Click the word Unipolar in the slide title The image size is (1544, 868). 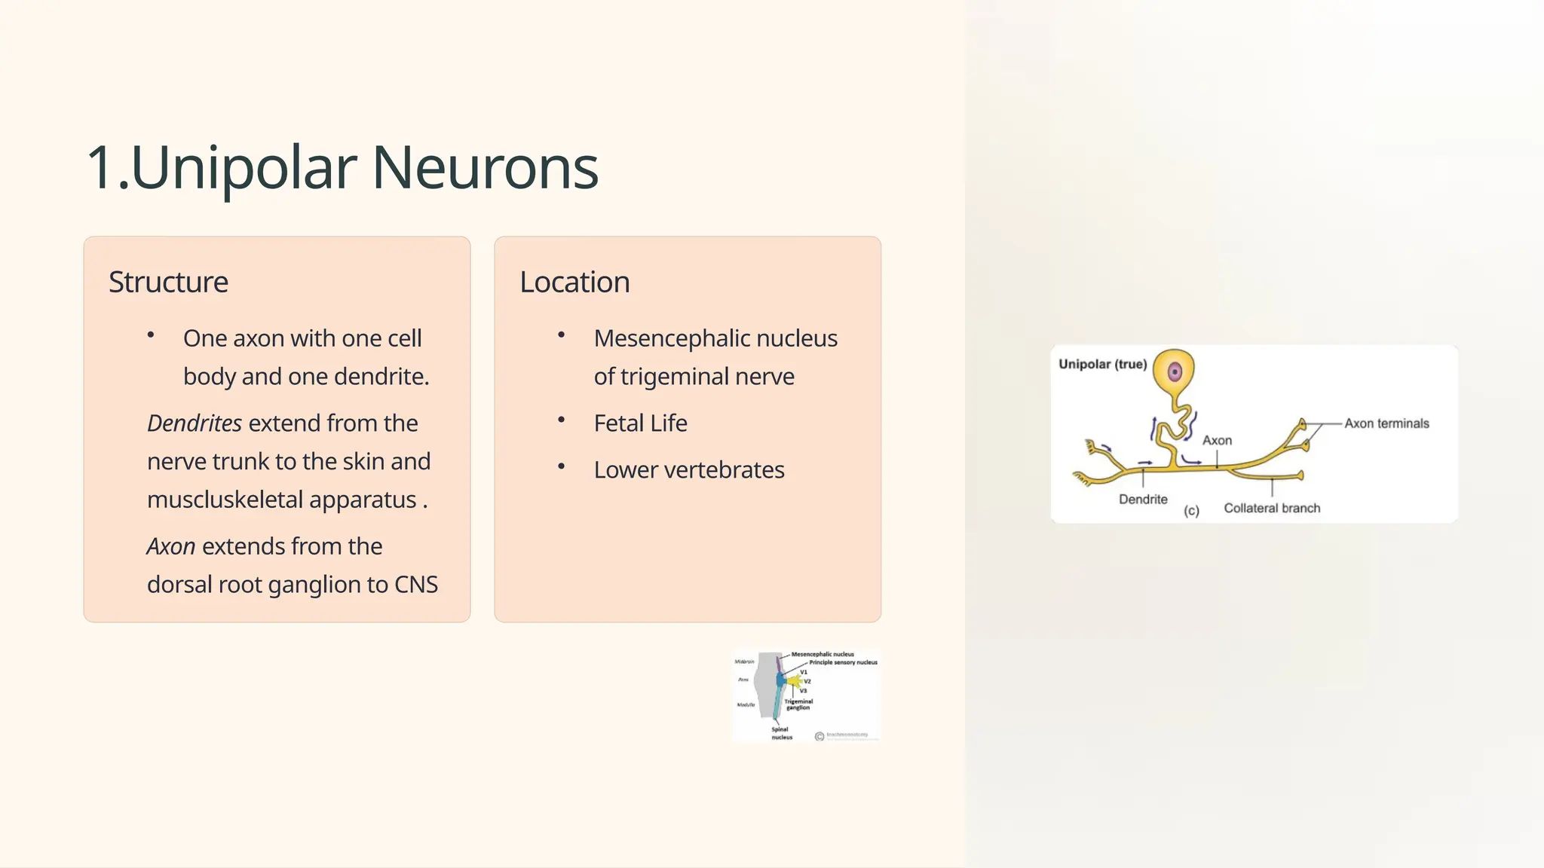click(x=243, y=167)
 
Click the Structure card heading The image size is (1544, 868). click(x=168, y=282)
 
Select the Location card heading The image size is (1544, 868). click(x=574, y=282)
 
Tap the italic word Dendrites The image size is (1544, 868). click(x=194, y=423)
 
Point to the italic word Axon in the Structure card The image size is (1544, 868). click(x=171, y=546)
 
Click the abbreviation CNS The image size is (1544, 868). click(x=416, y=585)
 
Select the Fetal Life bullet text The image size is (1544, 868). click(x=640, y=423)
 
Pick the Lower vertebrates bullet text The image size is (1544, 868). click(x=688, y=470)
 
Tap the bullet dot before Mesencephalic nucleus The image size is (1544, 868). click(x=561, y=335)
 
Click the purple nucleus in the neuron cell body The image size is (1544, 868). click(x=1175, y=371)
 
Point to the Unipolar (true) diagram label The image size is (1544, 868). click(x=1102, y=365)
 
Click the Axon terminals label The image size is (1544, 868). click(x=1386, y=423)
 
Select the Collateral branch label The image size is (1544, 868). click(x=1272, y=509)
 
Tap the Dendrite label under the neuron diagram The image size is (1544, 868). click(x=1143, y=500)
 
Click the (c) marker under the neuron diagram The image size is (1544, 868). click(x=1191, y=511)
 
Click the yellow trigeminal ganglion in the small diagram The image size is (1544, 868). click(x=794, y=681)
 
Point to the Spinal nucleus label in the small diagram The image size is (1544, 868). click(x=781, y=733)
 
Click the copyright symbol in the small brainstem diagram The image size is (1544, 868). click(x=819, y=736)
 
